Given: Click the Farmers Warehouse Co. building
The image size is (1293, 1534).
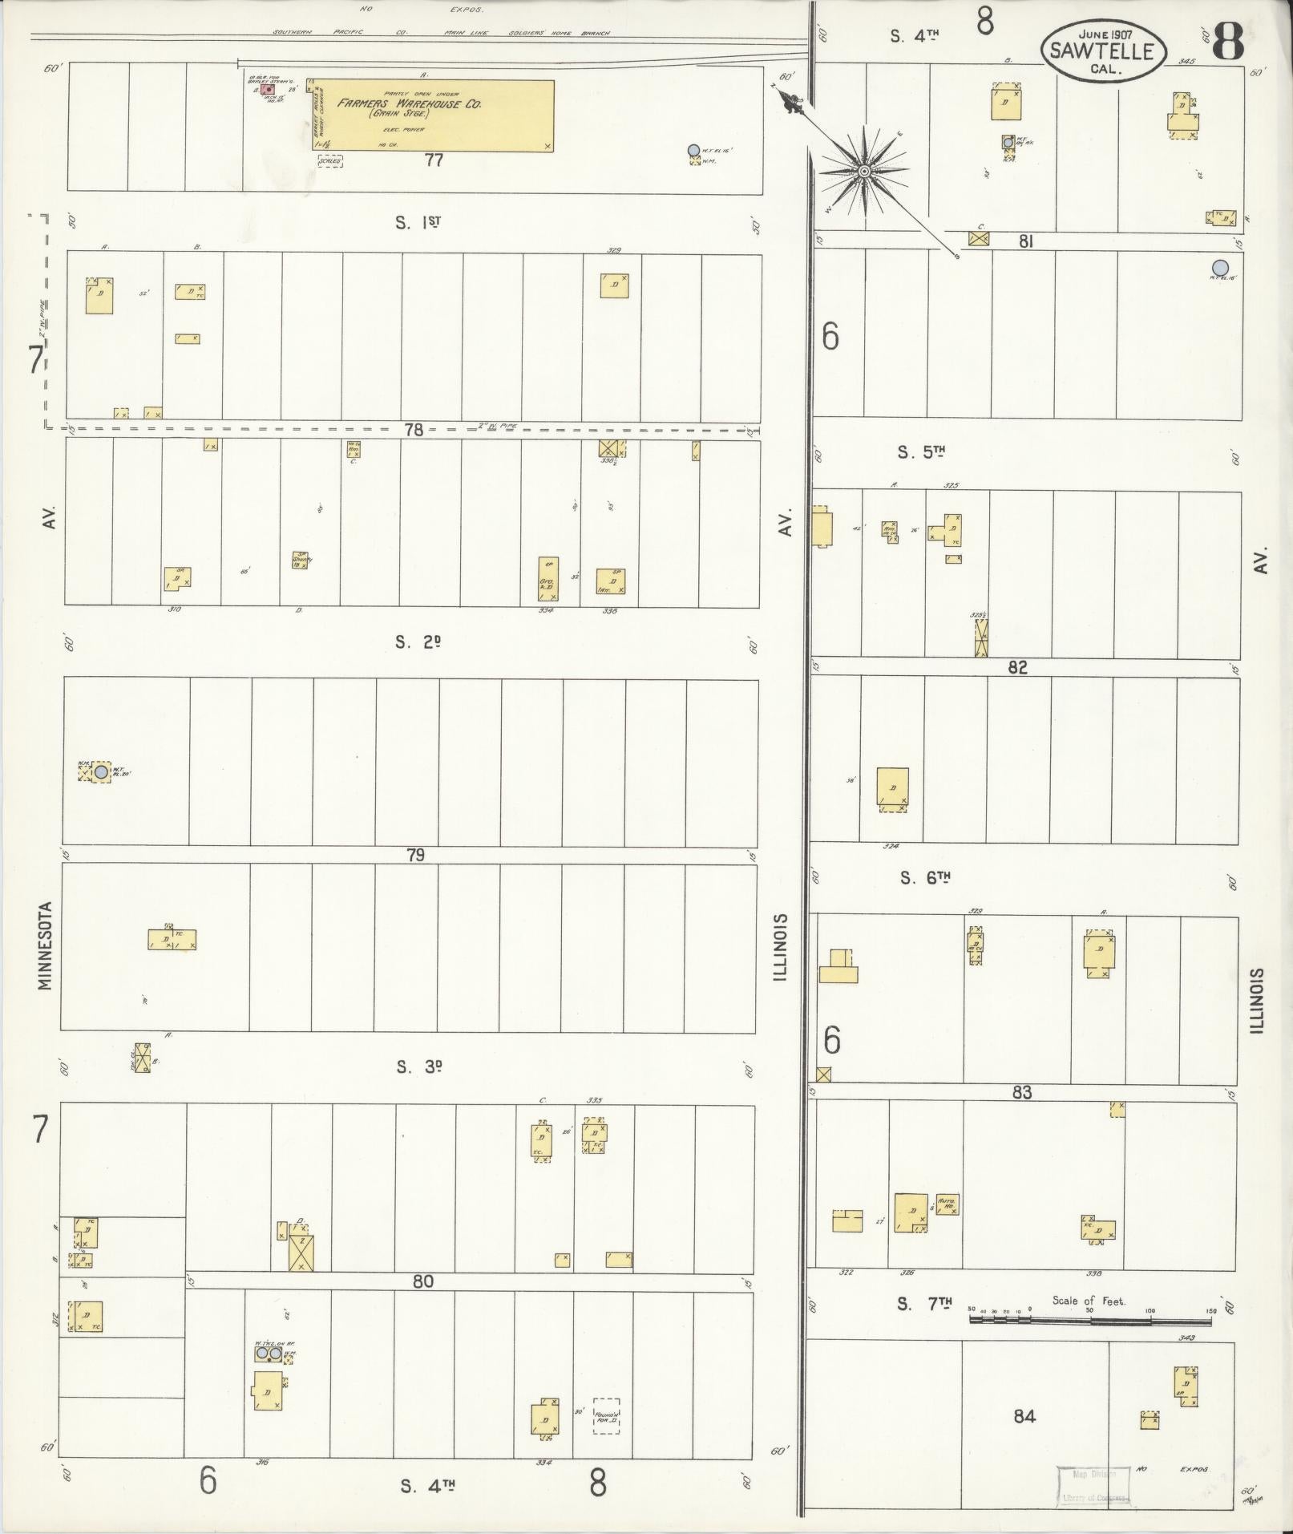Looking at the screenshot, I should tap(432, 115).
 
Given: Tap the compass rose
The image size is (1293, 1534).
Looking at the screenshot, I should tap(863, 172).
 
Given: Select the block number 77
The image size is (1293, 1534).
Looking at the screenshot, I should tap(434, 160).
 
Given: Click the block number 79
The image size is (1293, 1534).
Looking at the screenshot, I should tap(415, 855).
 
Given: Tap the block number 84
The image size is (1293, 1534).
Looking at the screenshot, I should tap(1024, 1416).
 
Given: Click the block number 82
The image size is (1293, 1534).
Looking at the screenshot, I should tap(1017, 667).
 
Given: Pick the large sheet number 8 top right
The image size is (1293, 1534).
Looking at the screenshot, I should tap(1227, 42).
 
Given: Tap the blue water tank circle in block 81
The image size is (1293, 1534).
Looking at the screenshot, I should tap(1220, 267).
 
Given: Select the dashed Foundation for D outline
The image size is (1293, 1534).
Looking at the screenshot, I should tap(606, 1416).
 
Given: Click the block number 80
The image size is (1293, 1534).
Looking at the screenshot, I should tap(423, 1281).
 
